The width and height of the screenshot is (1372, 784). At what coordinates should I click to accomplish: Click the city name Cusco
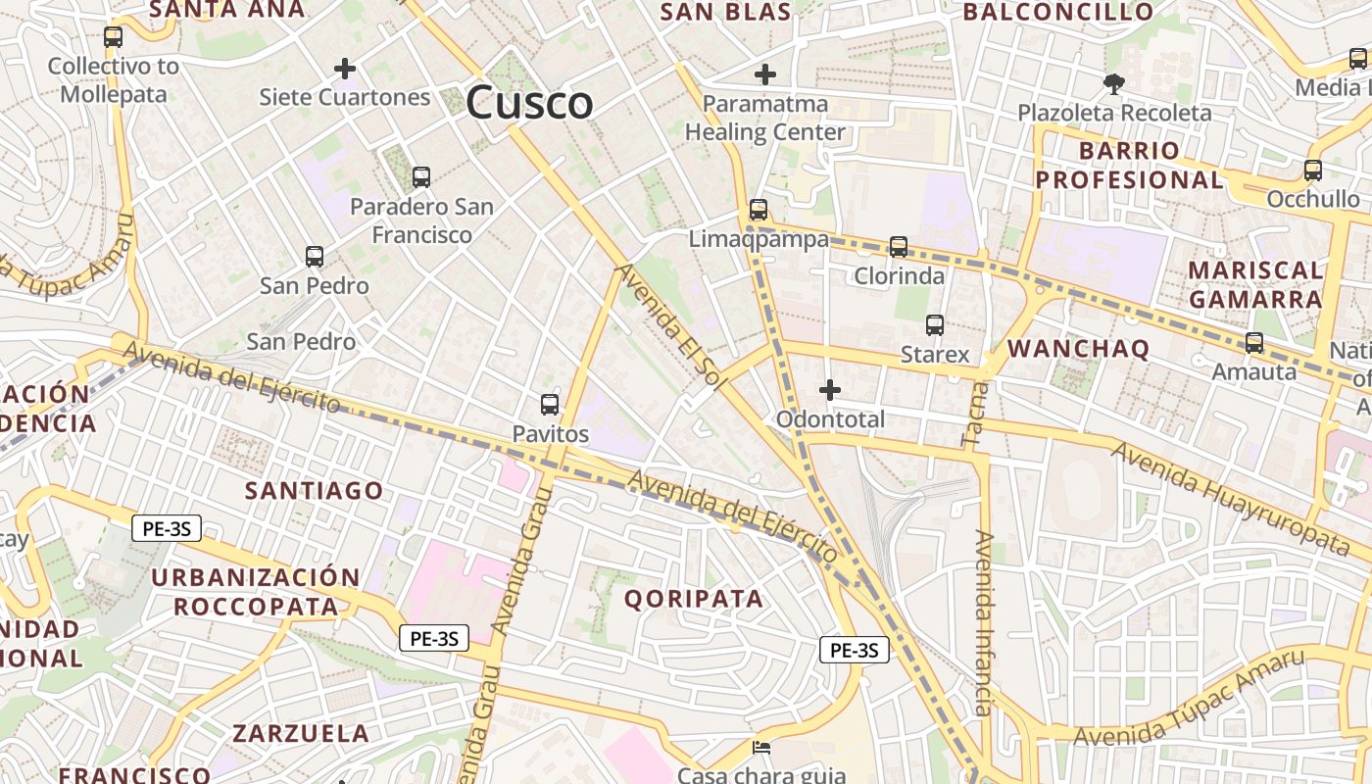529,103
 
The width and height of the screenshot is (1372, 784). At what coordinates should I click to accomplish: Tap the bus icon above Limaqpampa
759,209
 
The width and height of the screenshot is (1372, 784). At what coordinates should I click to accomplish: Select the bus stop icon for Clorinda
899,247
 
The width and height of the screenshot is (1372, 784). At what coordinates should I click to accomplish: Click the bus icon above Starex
935,325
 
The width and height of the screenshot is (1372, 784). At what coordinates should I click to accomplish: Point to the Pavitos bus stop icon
550,404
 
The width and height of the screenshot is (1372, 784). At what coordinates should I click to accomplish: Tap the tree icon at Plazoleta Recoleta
1113,83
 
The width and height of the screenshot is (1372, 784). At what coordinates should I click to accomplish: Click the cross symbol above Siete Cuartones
344,69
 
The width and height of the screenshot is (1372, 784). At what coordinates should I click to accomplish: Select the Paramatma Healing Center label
765,118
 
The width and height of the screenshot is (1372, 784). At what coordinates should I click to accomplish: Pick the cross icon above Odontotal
830,390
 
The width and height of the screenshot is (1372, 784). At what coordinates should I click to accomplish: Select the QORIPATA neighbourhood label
693,599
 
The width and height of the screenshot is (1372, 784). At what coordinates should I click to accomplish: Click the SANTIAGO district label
314,490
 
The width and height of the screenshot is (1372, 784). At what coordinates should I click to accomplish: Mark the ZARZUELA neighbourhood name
301,733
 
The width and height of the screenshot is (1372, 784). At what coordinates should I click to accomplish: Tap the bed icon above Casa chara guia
761,748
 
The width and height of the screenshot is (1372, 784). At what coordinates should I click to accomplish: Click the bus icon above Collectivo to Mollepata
113,37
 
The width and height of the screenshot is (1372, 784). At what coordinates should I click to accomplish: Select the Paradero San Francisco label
421,220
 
